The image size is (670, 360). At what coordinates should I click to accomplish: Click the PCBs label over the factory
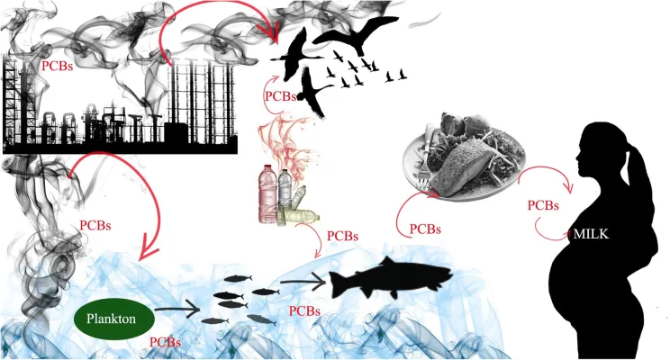click(x=59, y=67)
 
